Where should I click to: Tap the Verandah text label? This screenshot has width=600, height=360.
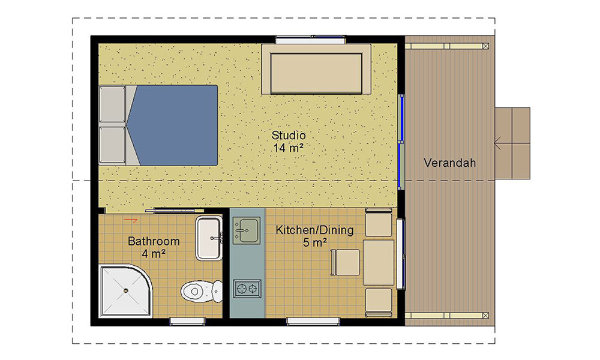pos(449,163)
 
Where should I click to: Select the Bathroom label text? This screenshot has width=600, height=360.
pos(154,241)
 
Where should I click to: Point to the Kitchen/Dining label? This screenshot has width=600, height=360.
pos(314,230)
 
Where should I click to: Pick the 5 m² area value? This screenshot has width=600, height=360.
pos(314,242)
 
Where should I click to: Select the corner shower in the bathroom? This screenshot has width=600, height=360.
pos(123,291)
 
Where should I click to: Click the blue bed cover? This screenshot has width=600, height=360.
pos(174,125)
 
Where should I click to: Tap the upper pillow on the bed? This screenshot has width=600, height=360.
pos(112,105)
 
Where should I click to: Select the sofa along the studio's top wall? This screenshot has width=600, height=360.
pos(316,72)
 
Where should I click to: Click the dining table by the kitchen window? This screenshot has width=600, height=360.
pos(379,263)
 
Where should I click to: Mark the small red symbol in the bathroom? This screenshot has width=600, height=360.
pos(128,220)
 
